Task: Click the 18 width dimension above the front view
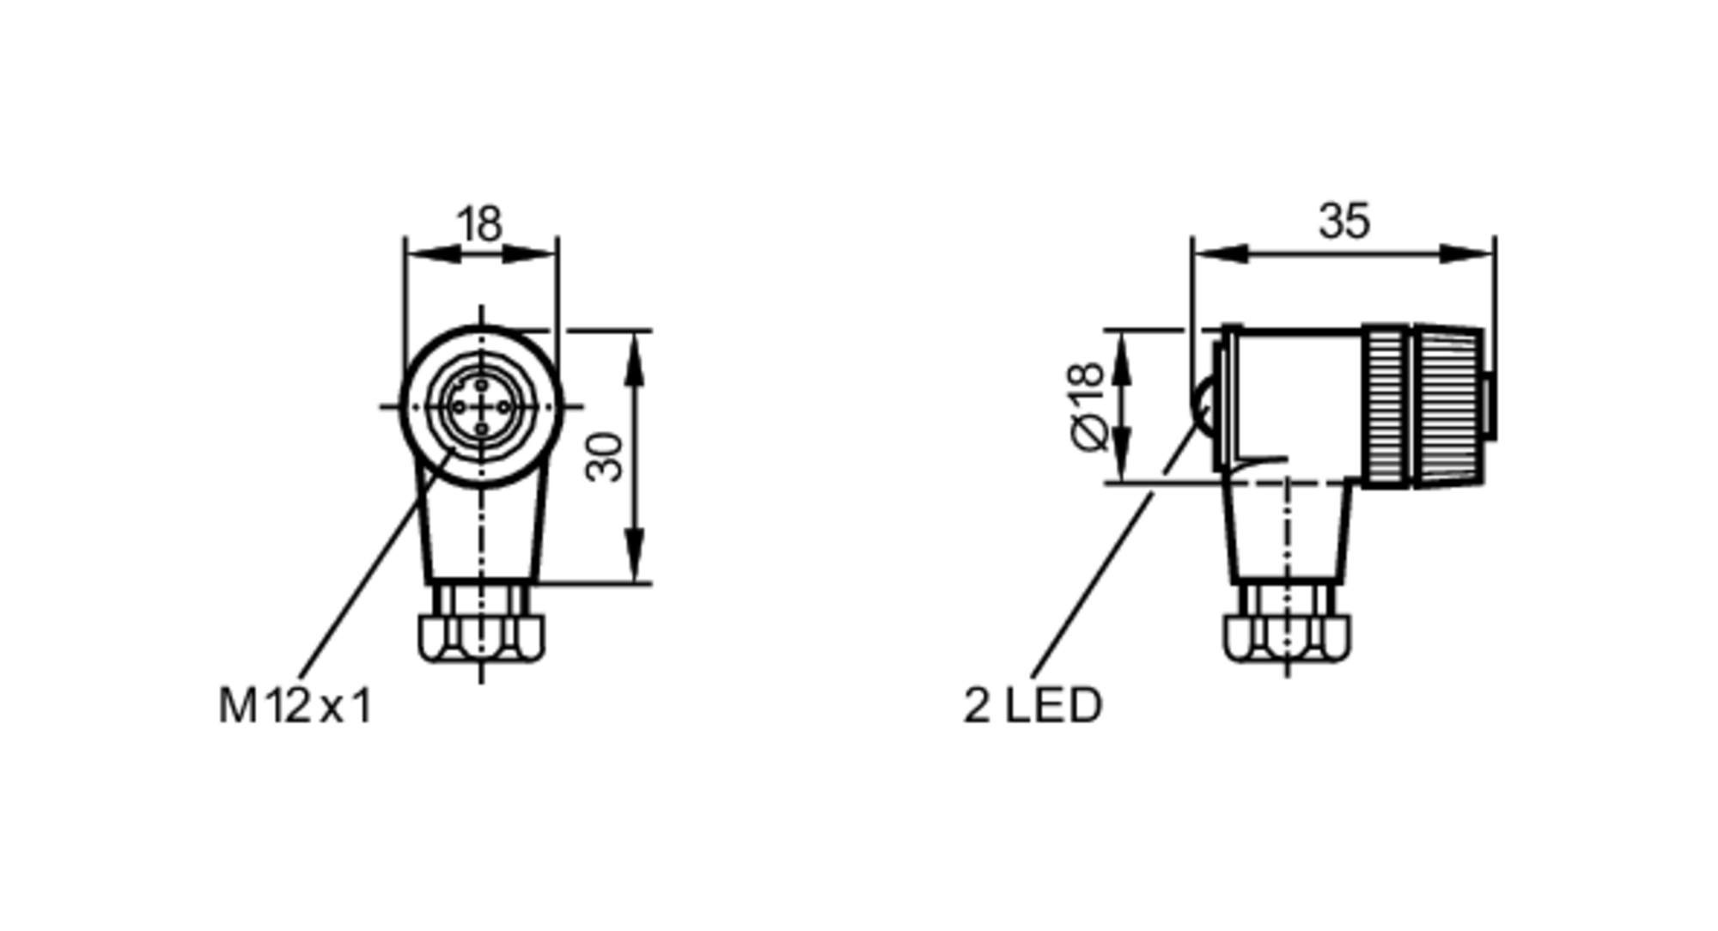(479, 224)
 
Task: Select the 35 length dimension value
(1343, 222)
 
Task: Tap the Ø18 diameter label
(1087, 405)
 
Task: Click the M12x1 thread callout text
(295, 707)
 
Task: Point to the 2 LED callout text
(1032, 706)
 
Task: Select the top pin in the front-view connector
(481, 385)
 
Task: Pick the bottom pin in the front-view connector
(481, 428)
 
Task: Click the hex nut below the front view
(481, 637)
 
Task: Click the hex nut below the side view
(1286, 637)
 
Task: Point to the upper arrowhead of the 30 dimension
(634, 356)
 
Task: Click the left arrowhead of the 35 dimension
(1220, 253)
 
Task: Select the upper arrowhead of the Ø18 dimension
(1121, 356)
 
